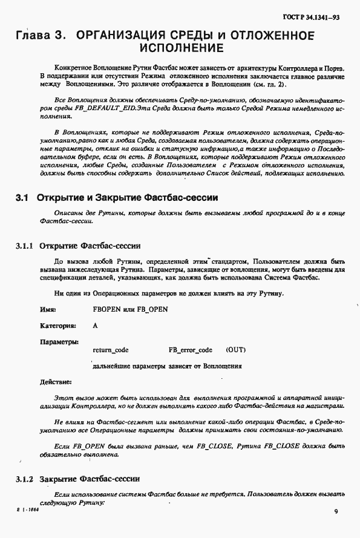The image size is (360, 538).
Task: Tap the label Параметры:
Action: point(59,342)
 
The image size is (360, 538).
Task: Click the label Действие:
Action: point(56,382)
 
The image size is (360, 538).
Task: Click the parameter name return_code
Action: point(110,350)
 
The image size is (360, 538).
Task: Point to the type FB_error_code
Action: point(190,350)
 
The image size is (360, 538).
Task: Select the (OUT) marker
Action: point(235,350)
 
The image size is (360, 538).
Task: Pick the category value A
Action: point(95,325)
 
